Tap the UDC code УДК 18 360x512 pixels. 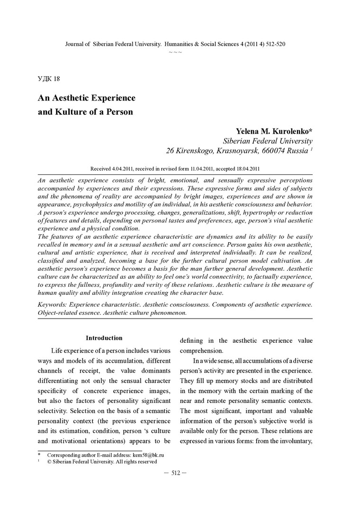(x=48, y=78)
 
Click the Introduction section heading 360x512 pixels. (x=104, y=338)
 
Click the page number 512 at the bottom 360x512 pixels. (x=175, y=473)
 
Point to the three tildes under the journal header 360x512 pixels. (x=175, y=51)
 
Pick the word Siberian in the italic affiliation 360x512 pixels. (x=240, y=141)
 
